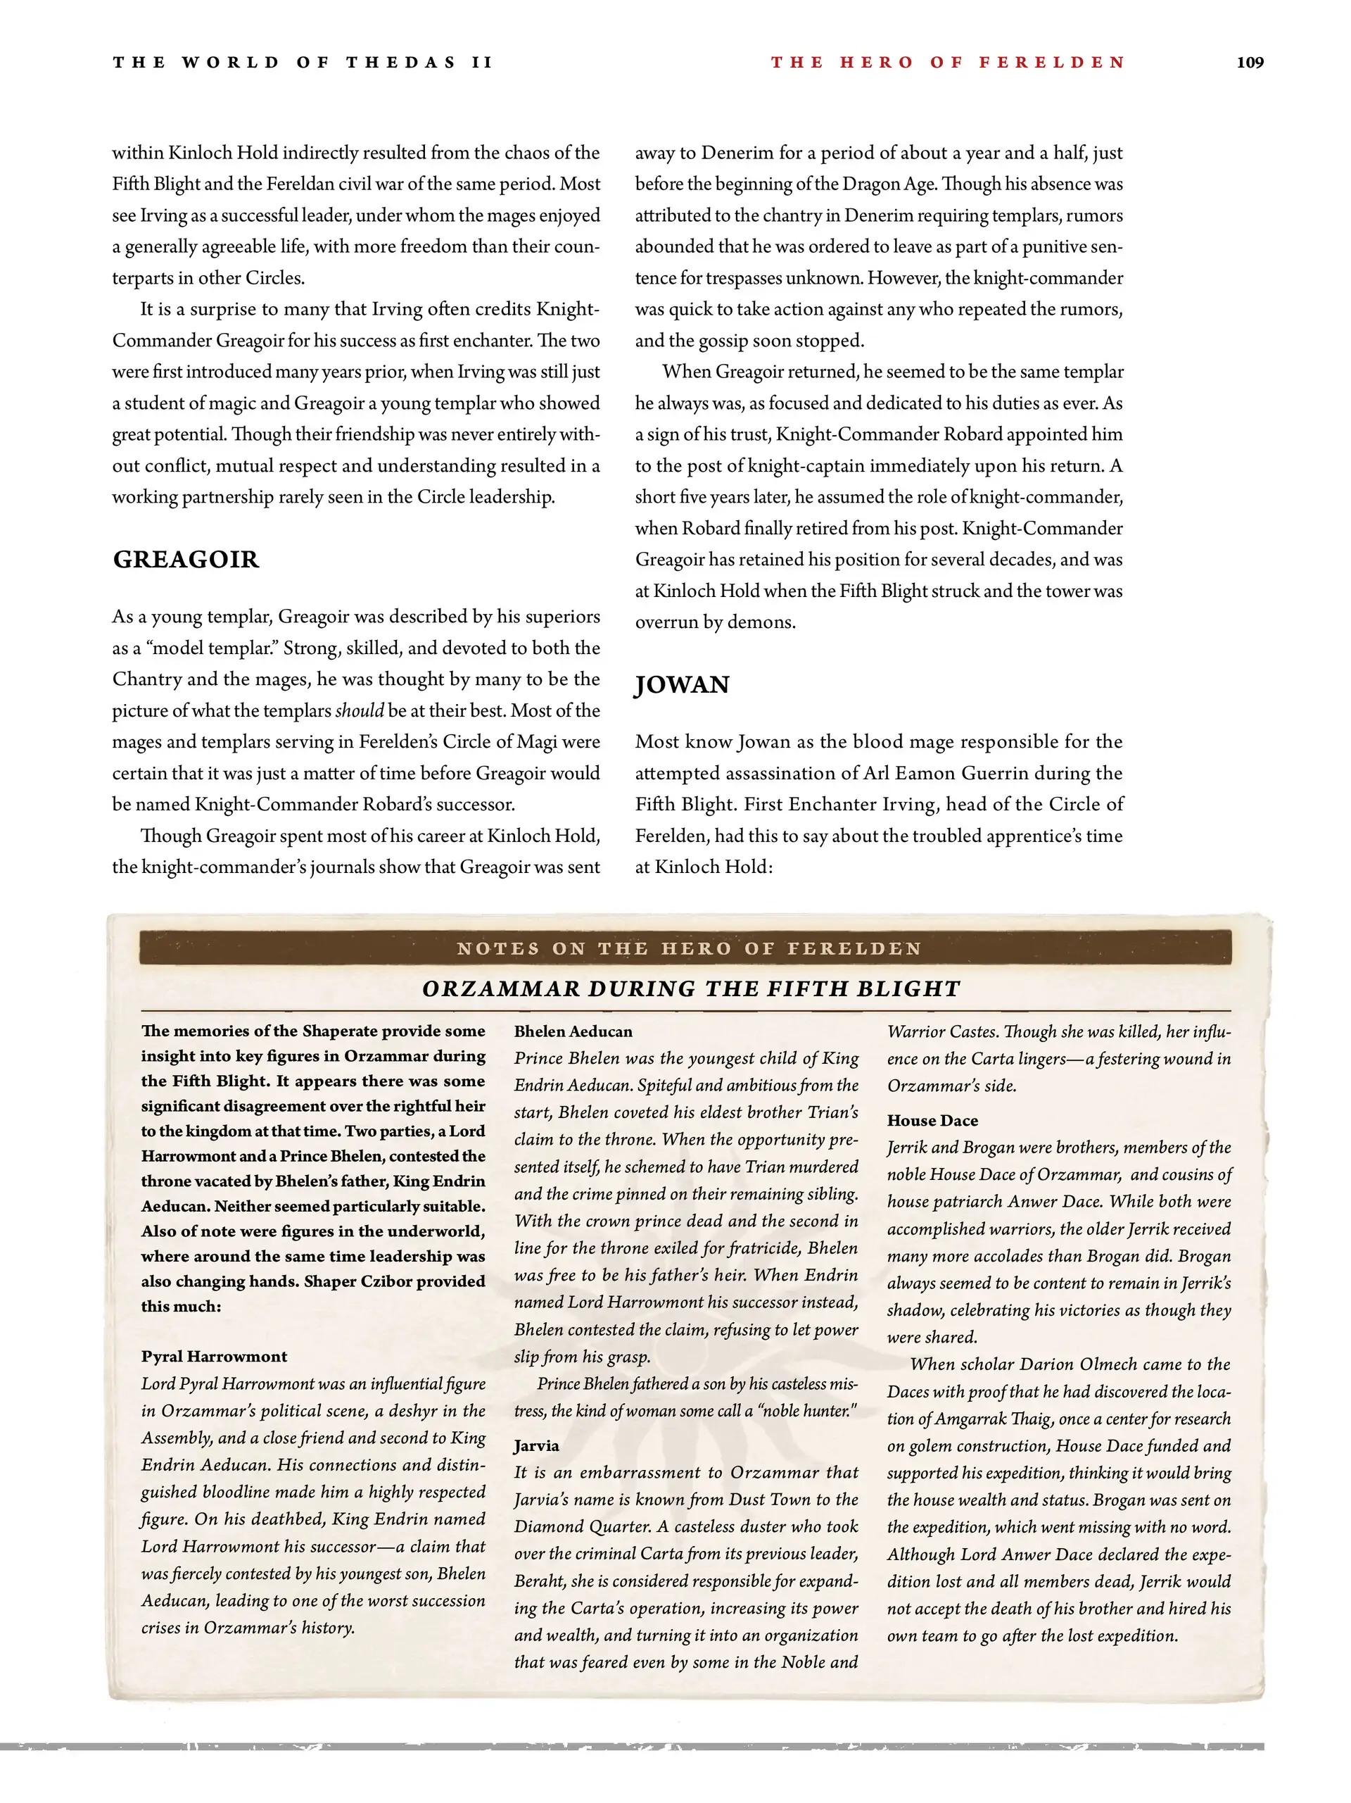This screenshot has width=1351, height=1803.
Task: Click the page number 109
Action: pos(1249,63)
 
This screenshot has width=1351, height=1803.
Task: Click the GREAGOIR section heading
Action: pos(186,559)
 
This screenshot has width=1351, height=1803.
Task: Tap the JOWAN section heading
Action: pos(682,685)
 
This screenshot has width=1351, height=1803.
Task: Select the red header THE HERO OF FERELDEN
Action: pos(948,63)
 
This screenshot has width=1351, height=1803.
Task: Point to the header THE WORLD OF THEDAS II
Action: pos(303,63)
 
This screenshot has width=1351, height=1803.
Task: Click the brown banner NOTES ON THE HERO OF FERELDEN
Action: pos(689,948)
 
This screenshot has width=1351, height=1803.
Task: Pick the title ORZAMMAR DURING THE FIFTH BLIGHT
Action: pos(691,988)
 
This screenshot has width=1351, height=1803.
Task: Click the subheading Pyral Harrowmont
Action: pos(213,1357)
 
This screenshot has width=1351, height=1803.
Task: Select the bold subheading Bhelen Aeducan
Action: pos(573,1031)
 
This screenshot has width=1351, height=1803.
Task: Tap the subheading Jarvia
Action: pos(536,1446)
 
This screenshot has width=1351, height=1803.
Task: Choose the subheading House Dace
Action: pos(932,1121)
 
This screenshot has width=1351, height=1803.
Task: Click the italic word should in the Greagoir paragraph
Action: pos(360,711)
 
